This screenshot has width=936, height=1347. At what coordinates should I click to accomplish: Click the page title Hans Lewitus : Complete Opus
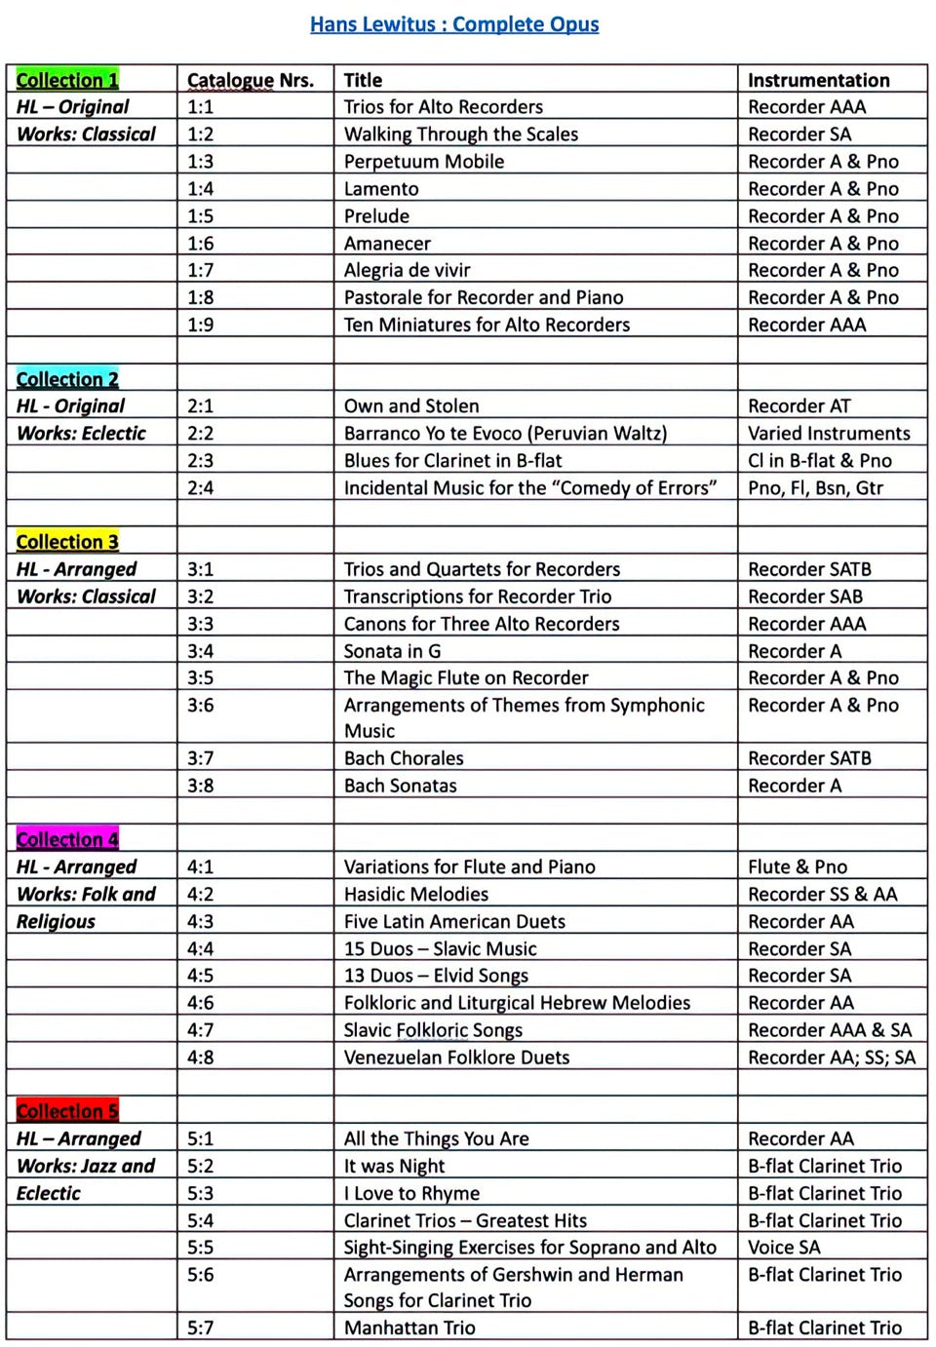(x=454, y=24)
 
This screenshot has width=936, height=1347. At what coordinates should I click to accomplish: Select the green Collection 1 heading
(x=67, y=80)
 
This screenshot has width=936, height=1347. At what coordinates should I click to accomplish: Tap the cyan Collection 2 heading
(x=67, y=379)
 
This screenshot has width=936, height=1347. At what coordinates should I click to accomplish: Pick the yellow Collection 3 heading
(x=67, y=542)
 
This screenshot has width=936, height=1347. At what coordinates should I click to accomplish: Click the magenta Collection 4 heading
(x=67, y=839)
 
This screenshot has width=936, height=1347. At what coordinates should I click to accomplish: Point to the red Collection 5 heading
(x=67, y=1111)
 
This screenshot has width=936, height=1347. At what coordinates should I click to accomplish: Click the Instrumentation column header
(x=818, y=80)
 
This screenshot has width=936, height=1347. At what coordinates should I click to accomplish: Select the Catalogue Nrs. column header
(x=251, y=80)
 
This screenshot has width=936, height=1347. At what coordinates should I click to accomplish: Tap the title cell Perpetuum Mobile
(x=424, y=162)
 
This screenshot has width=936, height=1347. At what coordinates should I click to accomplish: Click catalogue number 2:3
(x=201, y=461)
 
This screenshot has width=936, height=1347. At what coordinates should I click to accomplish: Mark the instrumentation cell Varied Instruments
(x=829, y=434)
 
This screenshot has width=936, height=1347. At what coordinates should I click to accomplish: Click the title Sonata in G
(x=392, y=651)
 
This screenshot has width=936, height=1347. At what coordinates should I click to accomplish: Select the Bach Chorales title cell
(x=404, y=758)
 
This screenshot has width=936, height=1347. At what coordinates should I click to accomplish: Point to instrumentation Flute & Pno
(x=798, y=866)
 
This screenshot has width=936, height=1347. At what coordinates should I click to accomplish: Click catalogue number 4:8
(x=201, y=1058)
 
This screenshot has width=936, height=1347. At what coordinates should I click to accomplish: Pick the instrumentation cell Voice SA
(x=784, y=1248)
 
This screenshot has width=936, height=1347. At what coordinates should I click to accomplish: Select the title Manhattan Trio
(x=409, y=1328)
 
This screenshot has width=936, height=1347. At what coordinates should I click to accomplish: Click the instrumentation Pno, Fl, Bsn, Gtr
(x=815, y=488)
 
